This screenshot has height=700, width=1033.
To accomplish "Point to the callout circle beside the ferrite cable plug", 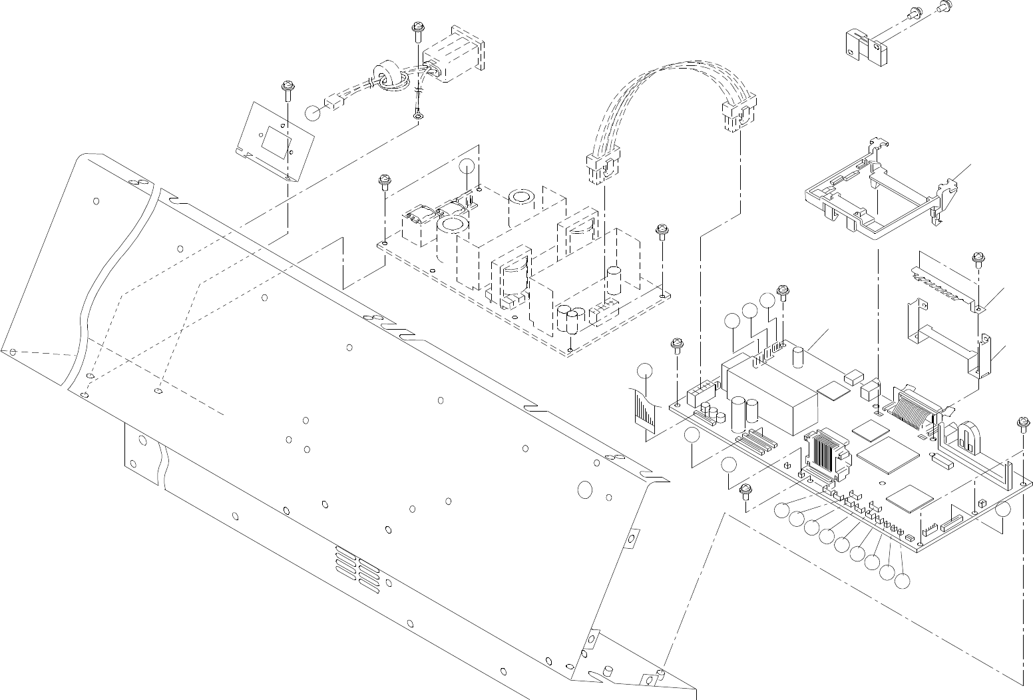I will (313, 112).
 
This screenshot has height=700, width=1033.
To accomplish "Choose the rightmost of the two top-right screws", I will (942, 8).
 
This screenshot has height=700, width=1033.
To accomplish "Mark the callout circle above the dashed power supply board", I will (469, 167).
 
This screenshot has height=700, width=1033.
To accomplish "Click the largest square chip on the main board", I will (888, 457).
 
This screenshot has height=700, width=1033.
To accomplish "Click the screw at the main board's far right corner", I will (1022, 423).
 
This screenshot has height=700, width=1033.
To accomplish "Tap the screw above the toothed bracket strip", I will (978, 258).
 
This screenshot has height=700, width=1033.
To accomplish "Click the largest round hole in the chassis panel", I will (584, 490).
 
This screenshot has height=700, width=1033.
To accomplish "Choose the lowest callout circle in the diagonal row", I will (902, 581).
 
